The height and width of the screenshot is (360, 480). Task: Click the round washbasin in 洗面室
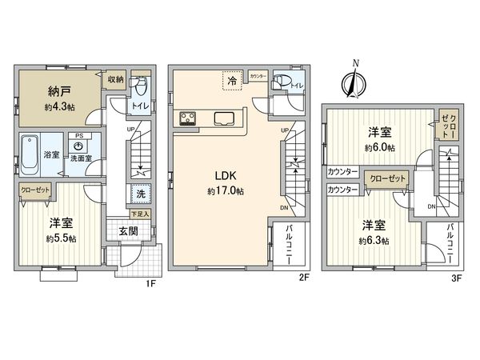pos(78,146)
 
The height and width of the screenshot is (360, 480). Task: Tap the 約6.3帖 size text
pos(373,240)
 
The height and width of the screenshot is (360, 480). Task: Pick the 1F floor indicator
pos(149,282)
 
